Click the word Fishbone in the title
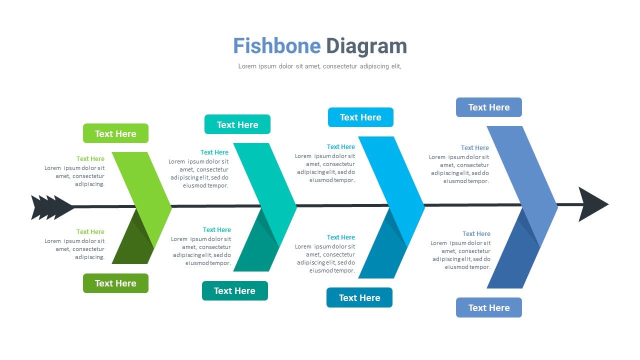[277, 45]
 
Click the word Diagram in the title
[366, 47]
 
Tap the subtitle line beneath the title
[319, 66]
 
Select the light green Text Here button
[115, 133]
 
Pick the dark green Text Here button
[115, 283]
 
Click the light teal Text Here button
[237, 124]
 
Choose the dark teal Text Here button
[235, 290]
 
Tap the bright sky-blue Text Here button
[360, 117]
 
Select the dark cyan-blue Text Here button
[359, 297]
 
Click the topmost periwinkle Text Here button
[489, 107]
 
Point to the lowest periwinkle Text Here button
[489, 307]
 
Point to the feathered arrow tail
[51, 207]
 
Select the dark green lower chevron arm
[133, 240]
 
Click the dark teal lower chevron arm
[255, 243]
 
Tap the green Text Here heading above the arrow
[90, 158]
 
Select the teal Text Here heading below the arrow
[217, 229]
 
